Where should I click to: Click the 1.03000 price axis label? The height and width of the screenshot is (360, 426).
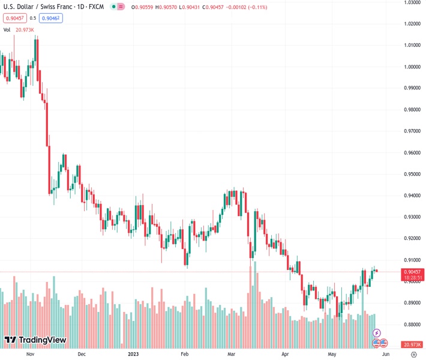(x=411, y=2)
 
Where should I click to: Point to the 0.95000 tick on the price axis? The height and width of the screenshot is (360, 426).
(x=411, y=174)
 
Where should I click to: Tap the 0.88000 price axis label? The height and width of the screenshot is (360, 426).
(x=411, y=324)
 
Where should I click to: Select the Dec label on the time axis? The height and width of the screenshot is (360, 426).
(x=82, y=355)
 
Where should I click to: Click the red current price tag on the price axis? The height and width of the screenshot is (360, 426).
(x=411, y=272)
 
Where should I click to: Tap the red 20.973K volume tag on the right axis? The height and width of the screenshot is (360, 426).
(x=411, y=344)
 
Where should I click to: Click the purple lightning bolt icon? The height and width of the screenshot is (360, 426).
(x=377, y=332)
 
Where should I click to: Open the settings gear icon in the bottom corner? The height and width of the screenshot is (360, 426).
(x=413, y=355)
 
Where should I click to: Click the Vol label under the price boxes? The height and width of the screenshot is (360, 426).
(x=7, y=29)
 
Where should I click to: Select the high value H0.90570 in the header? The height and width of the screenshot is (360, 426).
(x=163, y=7)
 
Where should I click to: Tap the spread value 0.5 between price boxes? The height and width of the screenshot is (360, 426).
(x=33, y=18)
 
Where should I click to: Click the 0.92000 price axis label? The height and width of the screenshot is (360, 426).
(x=411, y=238)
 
